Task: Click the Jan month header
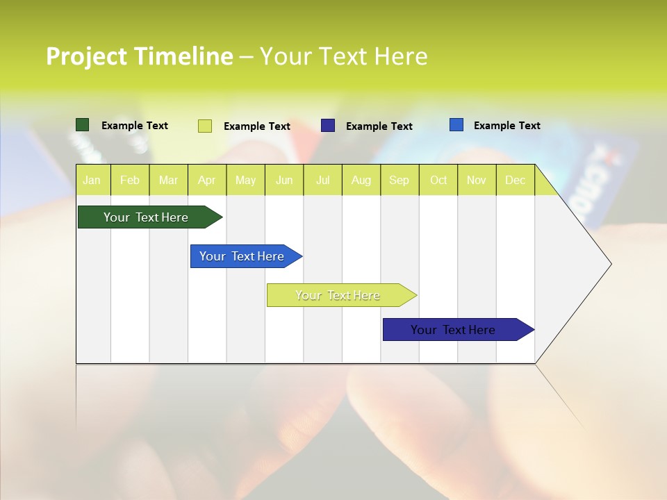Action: pyautogui.click(x=92, y=180)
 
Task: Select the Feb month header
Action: pyautogui.click(x=130, y=180)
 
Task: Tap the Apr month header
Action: pyautogui.click(x=207, y=180)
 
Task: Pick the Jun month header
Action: pyautogui.click(x=284, y=180)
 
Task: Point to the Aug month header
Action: pyautogui.click(x=361, y=180)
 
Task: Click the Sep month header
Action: pyautogui.click(x=400, y=180)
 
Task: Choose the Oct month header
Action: pyautogui.click(x=438, y=180)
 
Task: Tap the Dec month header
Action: pyautogui.click(x=516, y=180)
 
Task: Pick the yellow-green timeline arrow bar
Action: pyautogui.click(x=338, y=295)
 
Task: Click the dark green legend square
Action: pyautogui.click(x=83, y=125)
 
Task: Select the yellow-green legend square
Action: pyautogui.click(x=205, y=126)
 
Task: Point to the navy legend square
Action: pyautogui.click(x=328, y=126)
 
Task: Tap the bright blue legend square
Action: pyautogui.click(x=456, y=125)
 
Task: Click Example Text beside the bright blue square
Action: pyautogui.click(x=507, y=125)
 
